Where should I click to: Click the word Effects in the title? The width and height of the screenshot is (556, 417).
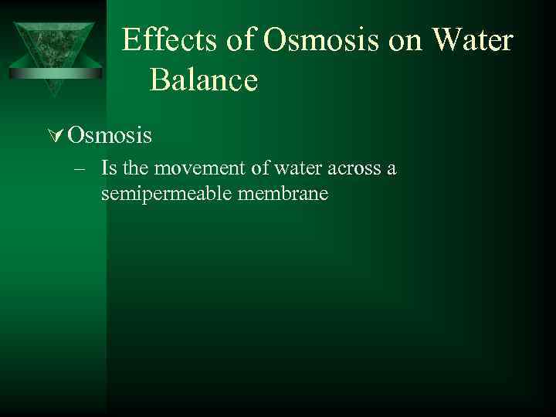point(171,40)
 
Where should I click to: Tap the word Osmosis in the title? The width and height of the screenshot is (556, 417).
point(320,40)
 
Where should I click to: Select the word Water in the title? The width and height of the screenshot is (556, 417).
point(471,40)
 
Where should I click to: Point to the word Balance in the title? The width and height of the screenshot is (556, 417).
point(204,79)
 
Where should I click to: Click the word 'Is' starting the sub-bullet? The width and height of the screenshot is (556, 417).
point(107,168)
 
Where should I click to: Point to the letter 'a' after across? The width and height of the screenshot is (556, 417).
point(392,169)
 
